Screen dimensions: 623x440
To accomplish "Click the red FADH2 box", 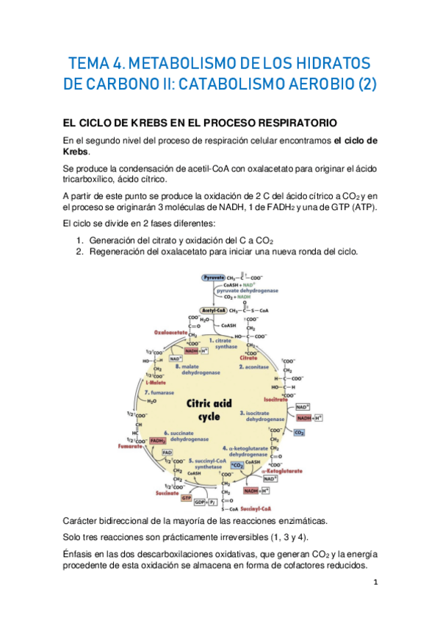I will pyautogui.click(x=157, y=440).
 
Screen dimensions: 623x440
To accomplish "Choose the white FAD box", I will pyautogui.click(x=167, y=453).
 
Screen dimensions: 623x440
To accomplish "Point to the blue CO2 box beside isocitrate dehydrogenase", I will pyautogui.click(x=299, y=433).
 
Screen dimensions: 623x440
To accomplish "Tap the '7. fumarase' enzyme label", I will pyautogui.click(x=156, y=392).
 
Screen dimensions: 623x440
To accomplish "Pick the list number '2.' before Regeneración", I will pyautogui.click(x=81, y=252).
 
